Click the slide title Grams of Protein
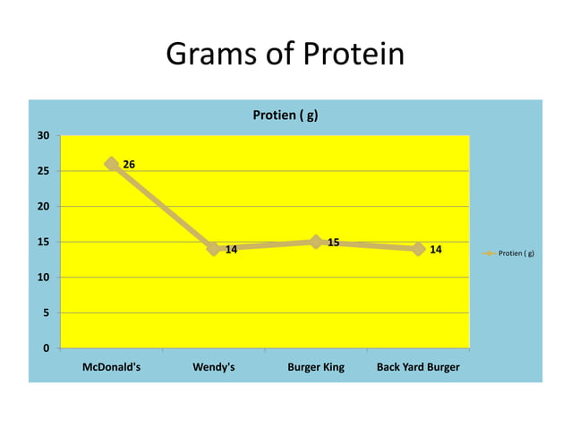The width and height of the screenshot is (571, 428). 285,56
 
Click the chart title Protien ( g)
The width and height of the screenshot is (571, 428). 285,116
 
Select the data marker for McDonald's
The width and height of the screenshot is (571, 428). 112,164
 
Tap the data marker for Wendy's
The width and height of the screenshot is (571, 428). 213,248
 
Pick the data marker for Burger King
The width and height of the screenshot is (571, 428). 316,242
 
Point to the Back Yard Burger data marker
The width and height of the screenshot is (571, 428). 418,248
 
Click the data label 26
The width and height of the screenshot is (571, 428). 129,165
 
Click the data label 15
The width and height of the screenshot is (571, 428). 333,243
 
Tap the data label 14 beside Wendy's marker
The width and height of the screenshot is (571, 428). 231,250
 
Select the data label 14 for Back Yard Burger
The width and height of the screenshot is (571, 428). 436,250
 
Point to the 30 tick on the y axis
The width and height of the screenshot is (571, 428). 43,135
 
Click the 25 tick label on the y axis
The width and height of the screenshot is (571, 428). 43,171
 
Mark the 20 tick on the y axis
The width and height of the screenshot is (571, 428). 43,206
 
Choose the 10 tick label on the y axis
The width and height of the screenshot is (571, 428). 43,277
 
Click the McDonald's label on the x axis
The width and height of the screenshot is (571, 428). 111,367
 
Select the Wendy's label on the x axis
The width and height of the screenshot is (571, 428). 214,367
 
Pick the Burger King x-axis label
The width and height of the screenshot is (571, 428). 316,367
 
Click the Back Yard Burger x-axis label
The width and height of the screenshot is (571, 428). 418,367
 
